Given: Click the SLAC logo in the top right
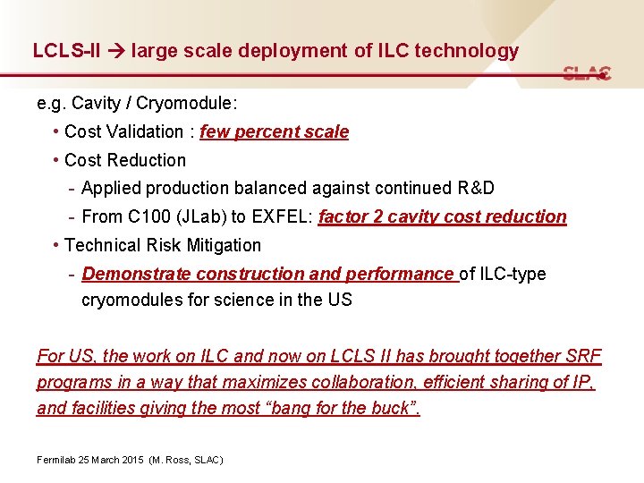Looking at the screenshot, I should click(587, 73).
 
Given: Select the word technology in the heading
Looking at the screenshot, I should click(465, 51).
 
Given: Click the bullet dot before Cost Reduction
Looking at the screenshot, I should click(56, 160).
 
